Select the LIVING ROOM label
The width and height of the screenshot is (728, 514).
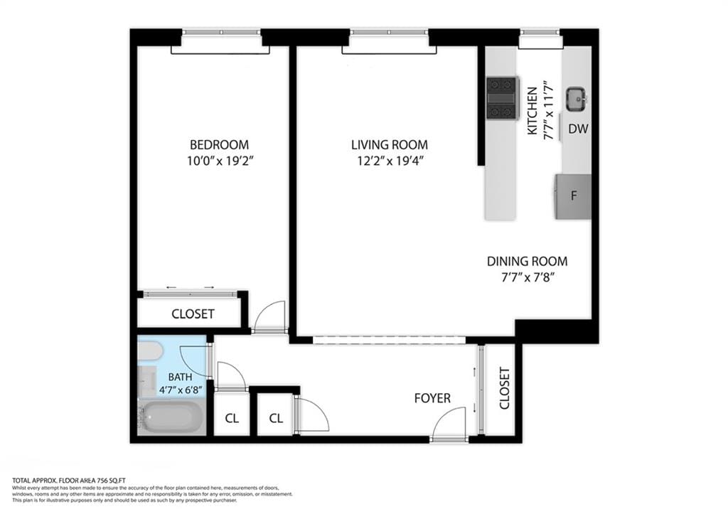(390, 144)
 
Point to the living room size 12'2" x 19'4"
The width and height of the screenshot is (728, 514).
(390, 161)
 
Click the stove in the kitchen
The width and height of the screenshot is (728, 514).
(503, 98)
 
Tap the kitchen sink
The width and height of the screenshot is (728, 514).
(576, 100)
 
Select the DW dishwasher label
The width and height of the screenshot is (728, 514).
(577, 129)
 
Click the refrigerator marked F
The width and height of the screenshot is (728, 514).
(574, 196)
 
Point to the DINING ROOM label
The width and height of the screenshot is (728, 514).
(527, 261)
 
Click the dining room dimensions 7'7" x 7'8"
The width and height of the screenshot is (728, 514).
(527, 277)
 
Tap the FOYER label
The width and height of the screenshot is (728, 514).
(432, 398)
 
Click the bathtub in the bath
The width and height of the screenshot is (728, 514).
(171, 418)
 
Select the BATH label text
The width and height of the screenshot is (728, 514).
(180, 377)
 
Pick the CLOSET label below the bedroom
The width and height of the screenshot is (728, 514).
(193, 314)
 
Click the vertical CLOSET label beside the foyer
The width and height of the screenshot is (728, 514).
(504, 388)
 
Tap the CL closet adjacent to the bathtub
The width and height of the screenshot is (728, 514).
(232, 419)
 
